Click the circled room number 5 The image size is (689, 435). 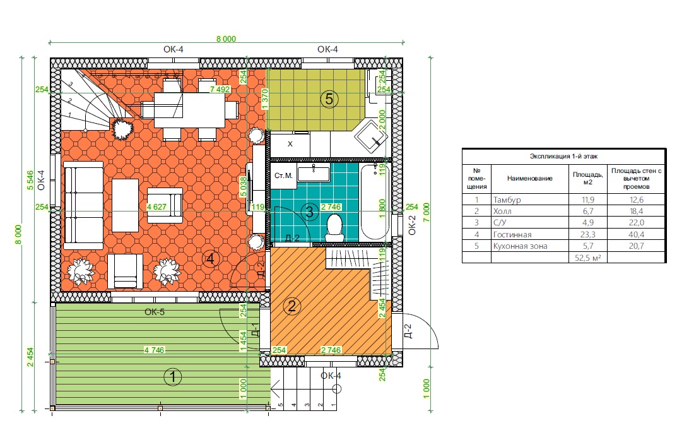329,99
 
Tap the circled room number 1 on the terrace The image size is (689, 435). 173,377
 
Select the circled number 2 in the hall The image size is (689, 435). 291,306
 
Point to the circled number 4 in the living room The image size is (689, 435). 211,259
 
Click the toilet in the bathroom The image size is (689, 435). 335,227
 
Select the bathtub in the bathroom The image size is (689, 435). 375,202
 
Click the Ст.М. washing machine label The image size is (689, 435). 283,176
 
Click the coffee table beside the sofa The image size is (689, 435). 125,205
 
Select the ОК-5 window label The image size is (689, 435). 155,312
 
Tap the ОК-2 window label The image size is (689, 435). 412,225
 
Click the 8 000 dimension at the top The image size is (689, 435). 226,39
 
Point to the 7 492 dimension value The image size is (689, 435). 220,89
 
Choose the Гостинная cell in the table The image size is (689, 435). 512,234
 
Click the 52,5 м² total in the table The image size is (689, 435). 588,258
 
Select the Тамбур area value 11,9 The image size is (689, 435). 588,200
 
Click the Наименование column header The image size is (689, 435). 530,178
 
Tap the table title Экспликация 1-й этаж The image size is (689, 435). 564,156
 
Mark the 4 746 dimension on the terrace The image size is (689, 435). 154,350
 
